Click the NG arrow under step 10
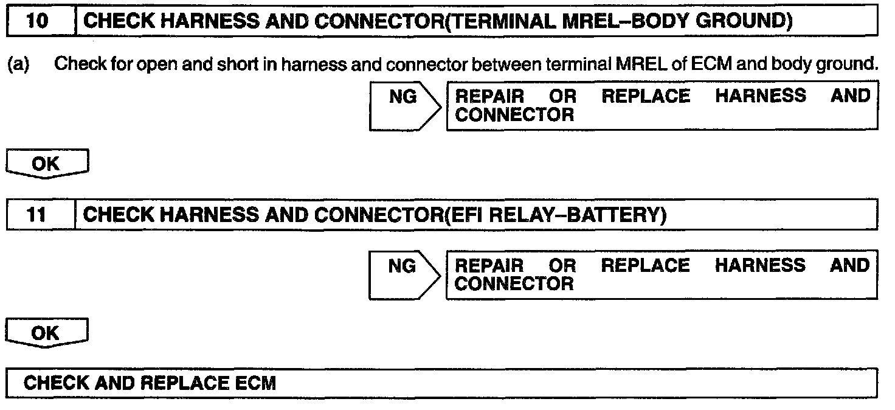click(x=404, y=105)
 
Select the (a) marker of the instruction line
click(x=18, y=65)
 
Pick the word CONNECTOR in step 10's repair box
click(x=514, y=114)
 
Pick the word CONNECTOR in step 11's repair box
click(x=514, y=283)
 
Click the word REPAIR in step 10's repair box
click(x=489, y=97)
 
